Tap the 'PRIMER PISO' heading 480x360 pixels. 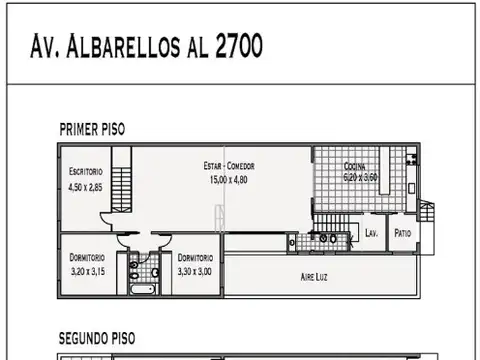click(92, 129)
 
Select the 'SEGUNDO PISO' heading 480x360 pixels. click(96, 339)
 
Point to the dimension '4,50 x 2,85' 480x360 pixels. click(86, 186)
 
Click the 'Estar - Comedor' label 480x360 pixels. click(228, 167)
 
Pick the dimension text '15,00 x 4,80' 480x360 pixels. click(228, 179)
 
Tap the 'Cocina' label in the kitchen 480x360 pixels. click(354, 166)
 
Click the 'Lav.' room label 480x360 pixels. click(370, 233)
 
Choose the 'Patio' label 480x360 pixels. click(402, 233)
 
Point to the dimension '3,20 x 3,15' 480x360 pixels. click(86, 270)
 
